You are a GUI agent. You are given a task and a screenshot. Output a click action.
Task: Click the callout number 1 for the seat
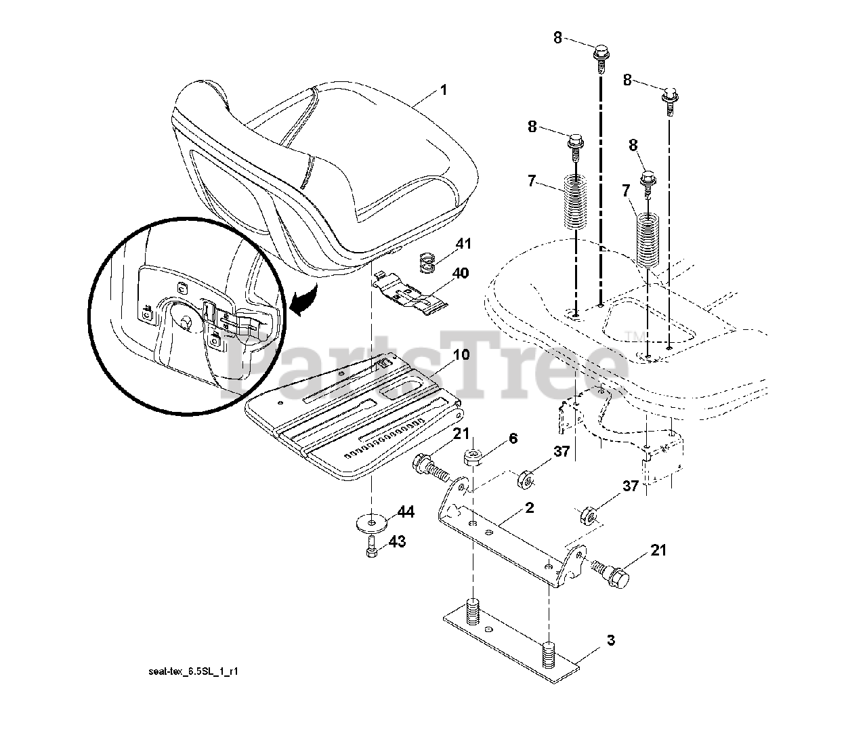(x=444, y=89)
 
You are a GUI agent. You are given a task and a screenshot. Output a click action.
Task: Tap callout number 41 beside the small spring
(x=464, y=243)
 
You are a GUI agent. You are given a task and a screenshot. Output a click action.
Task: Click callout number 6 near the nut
(x=513, y=438)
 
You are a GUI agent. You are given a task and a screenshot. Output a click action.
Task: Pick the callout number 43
(x=398, y=542)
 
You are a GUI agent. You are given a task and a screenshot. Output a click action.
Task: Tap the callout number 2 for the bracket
(x=530, y=507)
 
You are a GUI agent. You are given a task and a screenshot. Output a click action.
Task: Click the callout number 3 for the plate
(x=610, y=640)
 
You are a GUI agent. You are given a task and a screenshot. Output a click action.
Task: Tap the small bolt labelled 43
(x=371, y=545)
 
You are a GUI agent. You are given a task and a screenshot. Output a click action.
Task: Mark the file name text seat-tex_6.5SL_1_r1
(x=193, y=672)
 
